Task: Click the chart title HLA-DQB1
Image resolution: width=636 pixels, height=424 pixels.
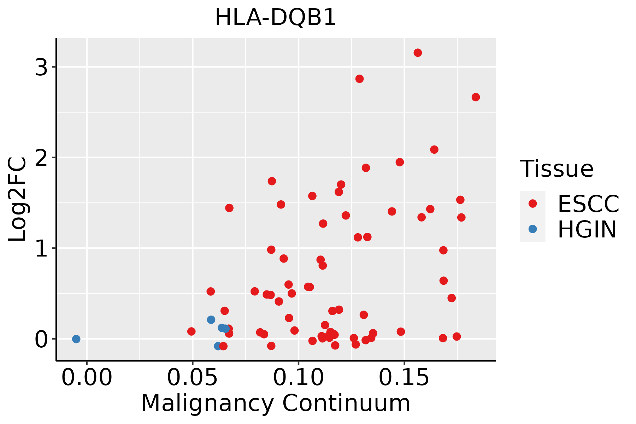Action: point(276,18)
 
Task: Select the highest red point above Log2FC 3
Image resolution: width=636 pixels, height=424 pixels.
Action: point(418,53)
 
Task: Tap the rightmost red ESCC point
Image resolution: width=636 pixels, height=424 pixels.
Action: point(476,97)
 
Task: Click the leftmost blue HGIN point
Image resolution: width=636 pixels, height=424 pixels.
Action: point(76,339)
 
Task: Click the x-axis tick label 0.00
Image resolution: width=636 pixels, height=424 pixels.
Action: point(87,378)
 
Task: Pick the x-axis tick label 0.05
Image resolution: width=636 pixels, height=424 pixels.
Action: point(193,378)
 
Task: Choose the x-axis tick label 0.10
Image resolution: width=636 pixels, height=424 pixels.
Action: point(299,378)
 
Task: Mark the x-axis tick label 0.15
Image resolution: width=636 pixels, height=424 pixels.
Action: point(404,378)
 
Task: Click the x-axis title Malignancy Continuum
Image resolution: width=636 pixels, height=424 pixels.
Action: point(276,403)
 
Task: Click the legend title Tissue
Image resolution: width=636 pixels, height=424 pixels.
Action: point(557,169)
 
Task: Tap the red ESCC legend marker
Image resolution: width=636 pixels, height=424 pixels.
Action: point(532,204)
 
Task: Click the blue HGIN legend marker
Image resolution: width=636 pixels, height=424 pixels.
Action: point(532,229)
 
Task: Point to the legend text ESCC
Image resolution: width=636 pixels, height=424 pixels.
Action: point(588,204)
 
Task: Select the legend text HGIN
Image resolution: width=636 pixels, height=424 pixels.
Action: point(587,229)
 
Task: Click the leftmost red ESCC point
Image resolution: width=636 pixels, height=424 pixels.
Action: point(191,331)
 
